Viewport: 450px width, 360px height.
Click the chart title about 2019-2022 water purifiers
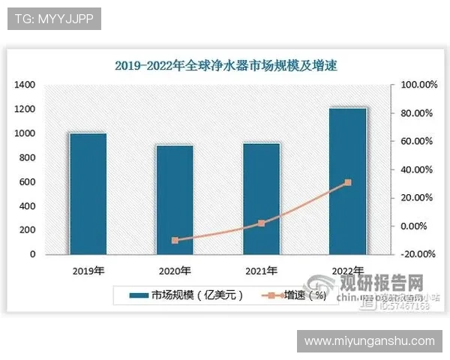click(226, 65)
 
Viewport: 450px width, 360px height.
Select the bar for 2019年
click(88, 193)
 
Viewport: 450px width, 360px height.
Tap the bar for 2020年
click(174, 199)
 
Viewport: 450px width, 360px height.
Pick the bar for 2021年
click(261, 198)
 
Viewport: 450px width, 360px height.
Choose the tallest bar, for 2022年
click(347, 181)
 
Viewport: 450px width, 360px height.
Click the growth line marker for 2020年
click(175, 241)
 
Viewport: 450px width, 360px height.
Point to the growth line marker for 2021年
click(261, 223)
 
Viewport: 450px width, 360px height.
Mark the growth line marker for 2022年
click(347, 182)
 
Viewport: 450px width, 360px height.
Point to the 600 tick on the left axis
click(27, 182)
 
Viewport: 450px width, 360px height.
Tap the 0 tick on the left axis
click(32, 254)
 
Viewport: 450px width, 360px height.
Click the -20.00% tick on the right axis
click(415, 254)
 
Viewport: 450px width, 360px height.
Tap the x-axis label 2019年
click(88, 271)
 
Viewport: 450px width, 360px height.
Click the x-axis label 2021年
click(261, 271)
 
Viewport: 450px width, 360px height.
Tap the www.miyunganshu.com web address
click(370, 341)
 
